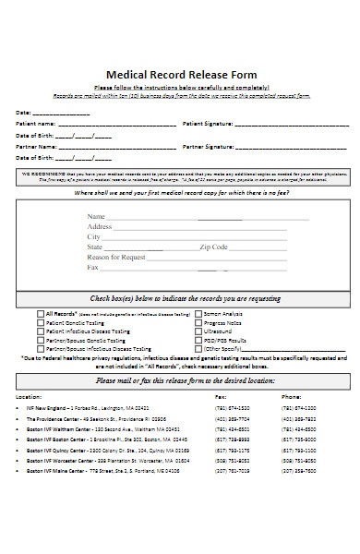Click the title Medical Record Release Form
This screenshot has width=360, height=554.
click(x=181, y=75)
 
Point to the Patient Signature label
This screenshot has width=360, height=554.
click(x=209, y=123)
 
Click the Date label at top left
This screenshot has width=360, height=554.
click(x=23, y=112)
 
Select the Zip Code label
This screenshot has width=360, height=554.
click(x=213, y=247)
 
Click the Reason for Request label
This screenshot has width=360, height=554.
click(x=116, y=257)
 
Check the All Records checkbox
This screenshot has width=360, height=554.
click(x=40, y=314)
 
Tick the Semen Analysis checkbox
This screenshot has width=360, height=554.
click(x=198, y=314)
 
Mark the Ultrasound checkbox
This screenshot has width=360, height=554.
click(x=198, y=331)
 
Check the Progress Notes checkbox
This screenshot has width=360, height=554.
click(x=198, y=322)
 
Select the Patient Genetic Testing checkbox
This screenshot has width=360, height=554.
click(x=40, y=322)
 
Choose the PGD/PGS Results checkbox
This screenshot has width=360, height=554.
click(x=198, y=339)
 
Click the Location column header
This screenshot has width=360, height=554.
click(x=29, y=396)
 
